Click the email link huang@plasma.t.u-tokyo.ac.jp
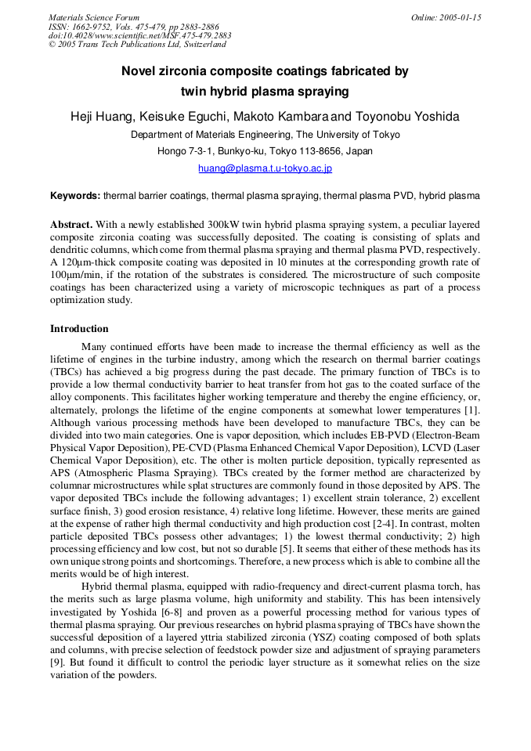pos(265,168)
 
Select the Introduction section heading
pos(79,329)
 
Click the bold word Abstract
pos(71,224)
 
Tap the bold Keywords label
pos(75,196)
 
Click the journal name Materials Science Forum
pos(94,17)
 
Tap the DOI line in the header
pos(140,36)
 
